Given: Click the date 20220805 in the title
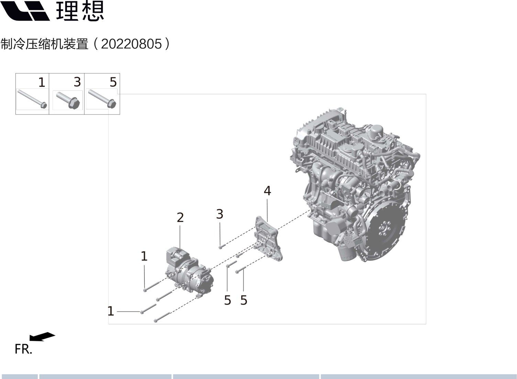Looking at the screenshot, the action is pyautogui.click(x=131, y=44).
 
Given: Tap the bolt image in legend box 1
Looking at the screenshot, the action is pyautogui.click(x=32, y=99).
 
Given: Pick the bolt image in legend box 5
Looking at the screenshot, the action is pyautogui.click(x=102, y=99).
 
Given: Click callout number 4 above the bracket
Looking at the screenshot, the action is pyautogui.click(x=267, y=191).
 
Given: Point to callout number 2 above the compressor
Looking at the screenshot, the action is pyautogui.click(x=180, y=217).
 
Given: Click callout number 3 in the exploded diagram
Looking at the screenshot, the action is pyautogui.click(x=220, y=214).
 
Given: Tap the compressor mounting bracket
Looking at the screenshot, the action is pyautogui.click(x=268, y=239).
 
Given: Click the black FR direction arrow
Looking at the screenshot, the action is pyautogui.click(x=42, y=336).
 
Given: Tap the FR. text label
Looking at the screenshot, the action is pyautogui.click(x=23, y=349).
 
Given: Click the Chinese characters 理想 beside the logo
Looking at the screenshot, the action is pyautogui.click(x=80, y=11).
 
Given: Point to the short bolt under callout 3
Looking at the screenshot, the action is pyautogui.click(x=222, y=247).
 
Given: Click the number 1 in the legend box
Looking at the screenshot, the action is pyautogui.click(x=42, y=82).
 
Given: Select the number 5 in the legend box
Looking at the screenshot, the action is pyautogui.click(x=113, y=82).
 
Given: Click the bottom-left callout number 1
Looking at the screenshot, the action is pyautogui.click(x=111, y=311).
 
